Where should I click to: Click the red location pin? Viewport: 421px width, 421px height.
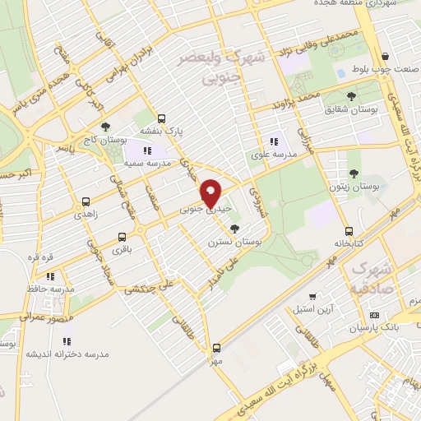[x=211, y=193]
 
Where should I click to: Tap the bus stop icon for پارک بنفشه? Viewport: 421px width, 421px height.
[x=161, y=118]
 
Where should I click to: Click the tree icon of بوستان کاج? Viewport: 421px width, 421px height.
[x=104, y=127]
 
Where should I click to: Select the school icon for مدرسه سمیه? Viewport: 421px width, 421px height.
[x=148, y=150]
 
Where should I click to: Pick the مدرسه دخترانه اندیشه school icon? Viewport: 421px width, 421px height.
[x=67, y=340]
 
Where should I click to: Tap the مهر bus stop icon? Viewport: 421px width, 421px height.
[x=216, y=348]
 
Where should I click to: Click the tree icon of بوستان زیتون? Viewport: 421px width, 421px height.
[x=353, y=173]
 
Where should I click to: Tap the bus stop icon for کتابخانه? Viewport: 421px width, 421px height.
[x=349, y=230]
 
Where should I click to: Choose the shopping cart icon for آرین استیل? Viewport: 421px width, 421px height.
[x=312, y=297]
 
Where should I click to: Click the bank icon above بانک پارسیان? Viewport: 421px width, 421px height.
[x=374, y=314]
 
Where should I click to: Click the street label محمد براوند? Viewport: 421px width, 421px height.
[x=298, y=101]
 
